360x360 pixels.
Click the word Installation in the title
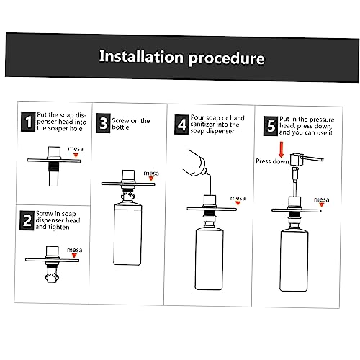[x=141, y=56]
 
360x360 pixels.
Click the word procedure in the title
[x=226, y=58]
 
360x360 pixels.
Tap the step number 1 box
[x=28, y=122]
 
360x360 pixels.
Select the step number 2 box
[x=27, y=220]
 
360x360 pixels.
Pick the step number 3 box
[x=103, y=123]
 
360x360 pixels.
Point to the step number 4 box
[x=181, y=125]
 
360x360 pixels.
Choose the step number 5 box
[x=271, y=126]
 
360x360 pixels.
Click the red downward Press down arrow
[x=282, y=149]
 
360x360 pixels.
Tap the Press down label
[x=272, y=161]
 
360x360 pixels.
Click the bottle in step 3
[x=127, y=234]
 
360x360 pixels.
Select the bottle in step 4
[x=210, y=258]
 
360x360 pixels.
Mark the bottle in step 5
[x=294, y=261]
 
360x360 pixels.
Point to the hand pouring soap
[x=196, y=163]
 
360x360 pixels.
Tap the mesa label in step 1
[x=76, y=149]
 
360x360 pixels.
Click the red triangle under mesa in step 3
[x=151, y=179]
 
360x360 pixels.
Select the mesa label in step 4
[x=238, y=198]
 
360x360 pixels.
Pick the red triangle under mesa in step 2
[x=74, y=256]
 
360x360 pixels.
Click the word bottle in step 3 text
[x=120, y=127]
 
